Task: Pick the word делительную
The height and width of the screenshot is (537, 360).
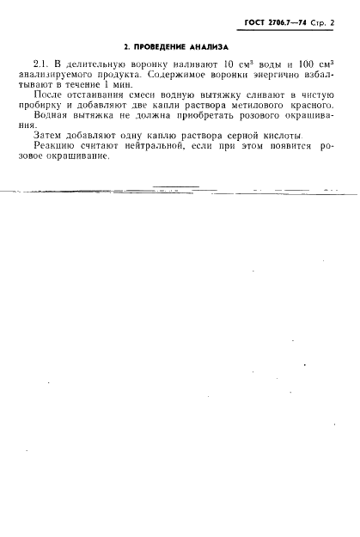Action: (95, 64)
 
